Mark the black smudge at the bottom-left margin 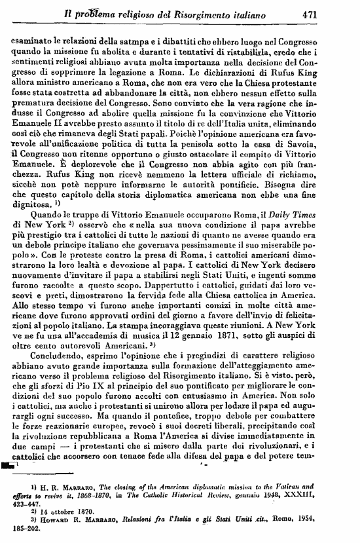10,464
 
